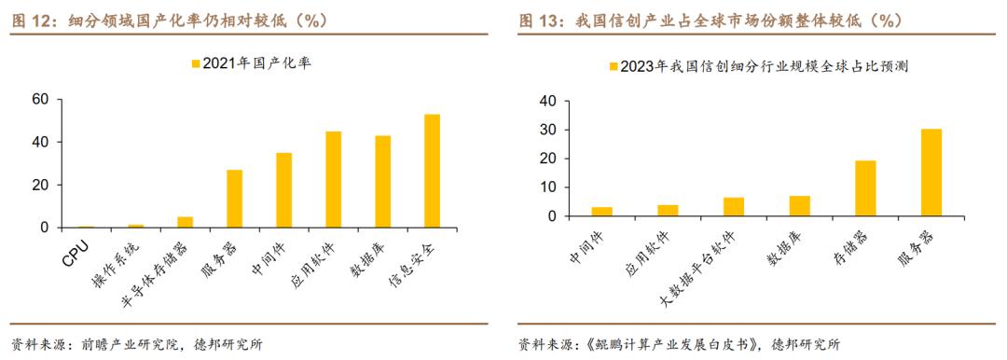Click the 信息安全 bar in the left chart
[433, 171]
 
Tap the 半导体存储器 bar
[185, 222]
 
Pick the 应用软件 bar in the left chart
[333, 179]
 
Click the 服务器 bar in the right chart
[931, 173]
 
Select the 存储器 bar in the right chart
[865, 188]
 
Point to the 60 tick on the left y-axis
[39, 100]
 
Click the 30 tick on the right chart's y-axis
[548, 130]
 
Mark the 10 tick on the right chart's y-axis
[548, 187]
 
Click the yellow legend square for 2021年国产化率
[195, 63]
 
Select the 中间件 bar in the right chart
[601, 212]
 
